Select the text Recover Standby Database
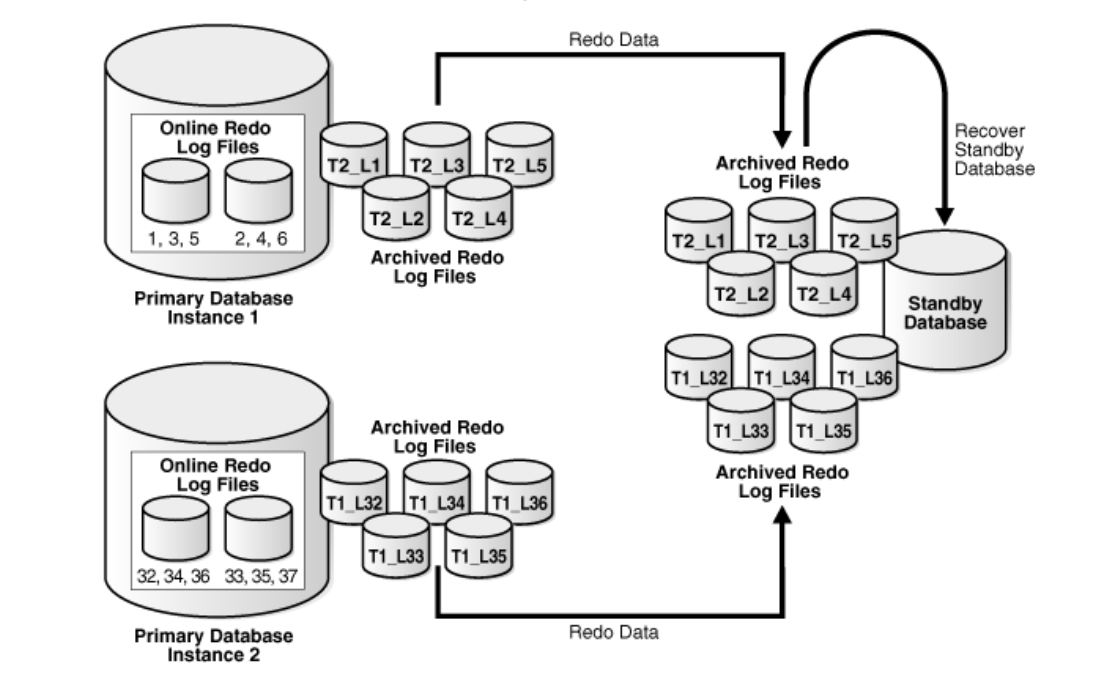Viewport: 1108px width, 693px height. coord(994,150)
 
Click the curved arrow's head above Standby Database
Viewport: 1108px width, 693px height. coord(944,214)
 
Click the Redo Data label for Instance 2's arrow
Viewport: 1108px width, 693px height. coord(606,632)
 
